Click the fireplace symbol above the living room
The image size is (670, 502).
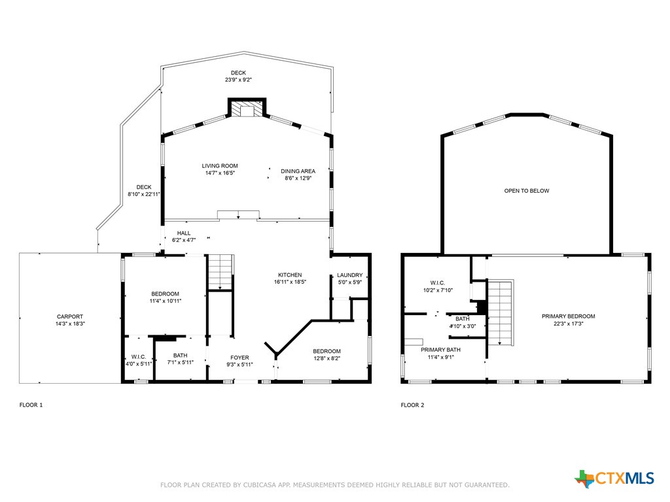pyautogui.click(x=247, y=109)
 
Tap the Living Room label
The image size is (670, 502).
pyautogui.click(x=219, y=166)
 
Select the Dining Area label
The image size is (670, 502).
pyautogui.click(x=298, y=171)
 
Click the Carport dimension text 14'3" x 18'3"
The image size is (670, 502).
pyautogui.click(x=69, y=324)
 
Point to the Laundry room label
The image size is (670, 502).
pyautogui.click(x=349, y=275)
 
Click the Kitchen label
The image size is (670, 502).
pyautogui.click(x=290, y=275)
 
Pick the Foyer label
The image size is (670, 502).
pyautogui.click(x=239, y=358)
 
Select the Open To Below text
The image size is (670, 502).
pyautogui.click(x=526, y=191)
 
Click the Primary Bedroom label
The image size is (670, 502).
pyautogui.click(x=568, y=316)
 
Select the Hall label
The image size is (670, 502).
pyautogui.click(x=184, y=233)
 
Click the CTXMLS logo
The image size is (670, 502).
pyautogui.click(x=614, y=478)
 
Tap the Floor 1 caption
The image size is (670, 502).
pyautogui.click(x=31, y=405)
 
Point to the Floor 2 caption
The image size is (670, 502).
pyautogui.click(x=412, y=405)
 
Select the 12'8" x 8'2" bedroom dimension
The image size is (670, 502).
pyautogui.click(x=326, y=358)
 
